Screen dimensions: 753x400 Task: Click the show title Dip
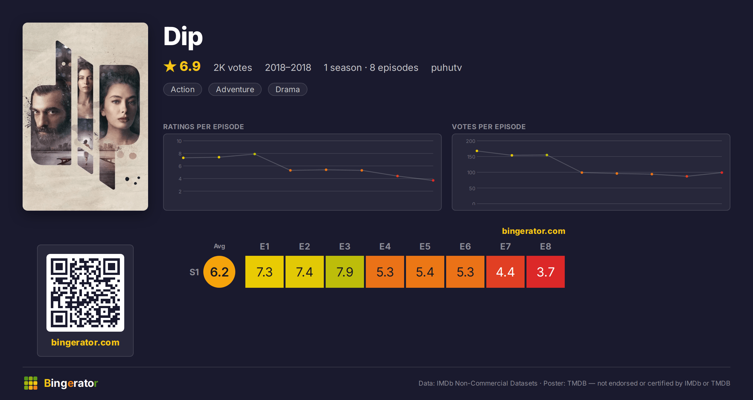183,37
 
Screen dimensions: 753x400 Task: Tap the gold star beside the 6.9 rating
170,66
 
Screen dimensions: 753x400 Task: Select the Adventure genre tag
235,89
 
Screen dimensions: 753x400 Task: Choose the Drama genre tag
287,89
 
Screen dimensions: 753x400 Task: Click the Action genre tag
183,89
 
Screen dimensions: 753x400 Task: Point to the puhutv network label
446,68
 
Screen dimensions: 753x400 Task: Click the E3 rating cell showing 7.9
345,272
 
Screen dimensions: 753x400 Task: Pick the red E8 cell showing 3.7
546,272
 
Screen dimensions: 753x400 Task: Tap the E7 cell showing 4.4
505,272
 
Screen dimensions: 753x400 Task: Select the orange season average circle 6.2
219,272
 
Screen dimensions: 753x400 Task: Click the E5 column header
425,246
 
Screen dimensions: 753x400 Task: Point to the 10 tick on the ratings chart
179,141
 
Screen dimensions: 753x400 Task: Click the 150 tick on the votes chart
471,157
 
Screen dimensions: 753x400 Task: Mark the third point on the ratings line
255,154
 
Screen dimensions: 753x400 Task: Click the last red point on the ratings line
433,180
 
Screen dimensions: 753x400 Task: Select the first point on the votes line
477,151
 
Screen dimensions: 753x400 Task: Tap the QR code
85,293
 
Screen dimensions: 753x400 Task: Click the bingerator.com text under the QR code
85,342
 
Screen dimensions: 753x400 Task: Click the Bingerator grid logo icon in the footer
31,383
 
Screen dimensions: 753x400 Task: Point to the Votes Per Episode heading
489,127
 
